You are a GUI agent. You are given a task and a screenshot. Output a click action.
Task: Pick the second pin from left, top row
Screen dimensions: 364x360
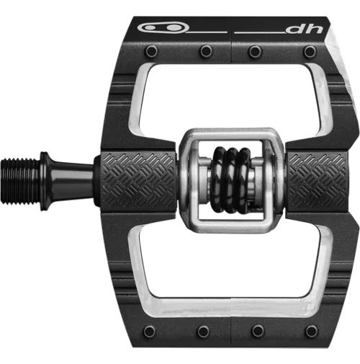206,51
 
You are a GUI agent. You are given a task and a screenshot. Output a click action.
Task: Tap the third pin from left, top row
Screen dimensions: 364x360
256,51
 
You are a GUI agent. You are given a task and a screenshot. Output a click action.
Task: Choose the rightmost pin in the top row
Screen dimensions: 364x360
310,52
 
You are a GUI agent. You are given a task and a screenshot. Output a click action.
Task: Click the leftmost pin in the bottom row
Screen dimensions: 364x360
149,331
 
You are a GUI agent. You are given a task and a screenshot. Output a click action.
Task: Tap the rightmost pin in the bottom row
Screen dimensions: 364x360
311,331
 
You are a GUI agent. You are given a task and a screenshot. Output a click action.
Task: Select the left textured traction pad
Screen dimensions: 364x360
137,179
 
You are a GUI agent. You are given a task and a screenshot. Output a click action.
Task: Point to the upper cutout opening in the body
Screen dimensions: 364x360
230,97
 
